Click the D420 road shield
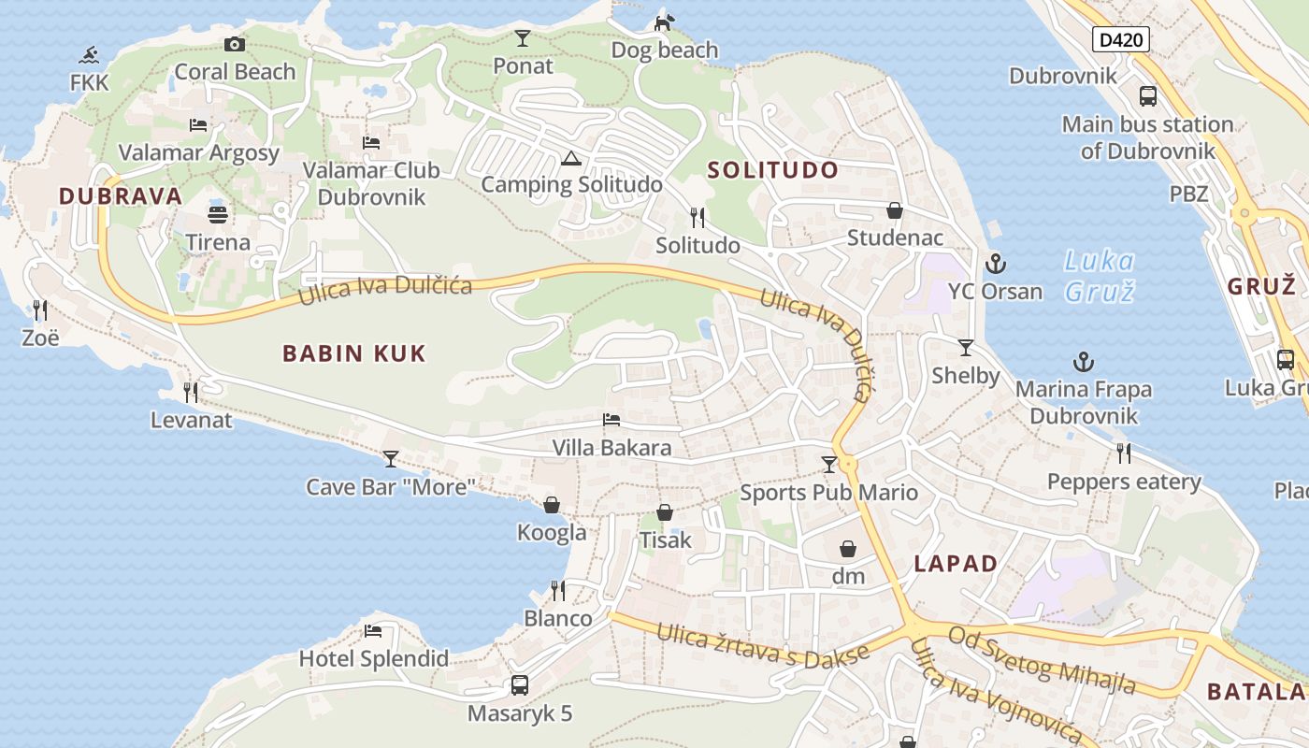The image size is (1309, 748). pyautogui.click(x=1120, y=39)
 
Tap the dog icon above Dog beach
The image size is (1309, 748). pyautogui.click(x=664, y=22)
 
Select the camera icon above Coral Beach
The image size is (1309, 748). pyautogui.click(x=235, y=44)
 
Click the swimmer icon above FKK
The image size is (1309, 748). pyautogui.click(x=90, y=54)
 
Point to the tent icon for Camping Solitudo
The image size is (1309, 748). pyautogui.click(x=570, y=157)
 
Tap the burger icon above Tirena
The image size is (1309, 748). pyautogui.click(x=218, y=214)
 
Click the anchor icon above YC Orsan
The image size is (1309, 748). pyautogui.click(x=995, y=263)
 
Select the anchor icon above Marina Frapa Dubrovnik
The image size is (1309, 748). pyautogui.click(x=1083, y=361)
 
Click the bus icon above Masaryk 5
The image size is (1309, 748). pyautogui.click(x=520, y=685)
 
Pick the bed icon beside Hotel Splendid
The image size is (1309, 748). pyautogui.click(x=373, y=630)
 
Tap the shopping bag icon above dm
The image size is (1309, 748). pyautogui.click(x=848, y=548)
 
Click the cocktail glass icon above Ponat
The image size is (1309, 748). pyautogui.click(x=523, y=38)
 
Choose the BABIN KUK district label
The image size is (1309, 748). pyautogui.click(x=354, y=353)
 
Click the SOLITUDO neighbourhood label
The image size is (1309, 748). pyautogui.click(x=772, y=170)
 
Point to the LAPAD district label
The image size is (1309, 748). pyautogui.click(x=956, y=564)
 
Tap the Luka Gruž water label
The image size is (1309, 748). pyautogui.click(x=1100, y=276)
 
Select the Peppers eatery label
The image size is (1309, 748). pyautogui.click(x=1124, y=482)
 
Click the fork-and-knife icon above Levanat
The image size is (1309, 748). pyautogui.click(x=191, y=392)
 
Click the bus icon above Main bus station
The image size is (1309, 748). pyautogui.click(x=1147, y=95)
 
